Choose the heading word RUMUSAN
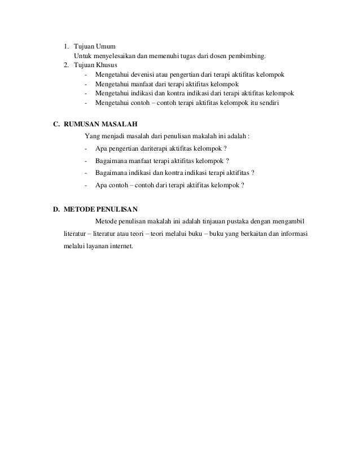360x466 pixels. (82, 124)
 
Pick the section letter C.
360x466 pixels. (56, 124)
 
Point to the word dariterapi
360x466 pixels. (148, 148)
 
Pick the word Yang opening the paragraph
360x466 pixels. (90, 136)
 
